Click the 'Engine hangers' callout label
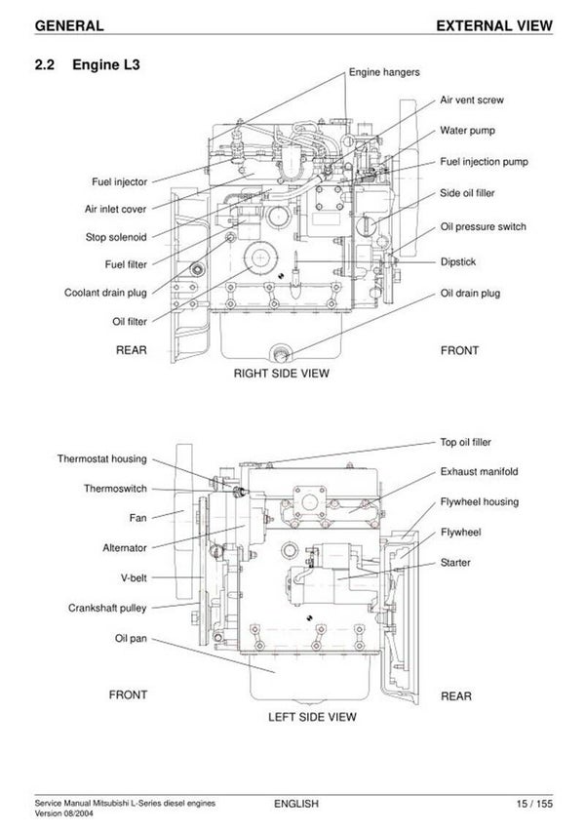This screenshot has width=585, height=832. tap(384, 72)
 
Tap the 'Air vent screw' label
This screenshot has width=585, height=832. tap(472, 99)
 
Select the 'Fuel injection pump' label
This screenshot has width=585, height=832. tap(484, 162)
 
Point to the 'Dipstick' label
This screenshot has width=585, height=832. tap(457, 261)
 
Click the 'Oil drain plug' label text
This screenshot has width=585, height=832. tap(470, 293)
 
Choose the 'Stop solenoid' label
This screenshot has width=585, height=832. tap(116, 237)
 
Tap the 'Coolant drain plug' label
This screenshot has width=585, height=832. tap(105, 293)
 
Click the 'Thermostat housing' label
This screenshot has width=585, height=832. tap(101, 459)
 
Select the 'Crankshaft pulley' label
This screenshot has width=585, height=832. tap(106, 608)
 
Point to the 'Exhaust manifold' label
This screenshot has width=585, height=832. tap(479, 471)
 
